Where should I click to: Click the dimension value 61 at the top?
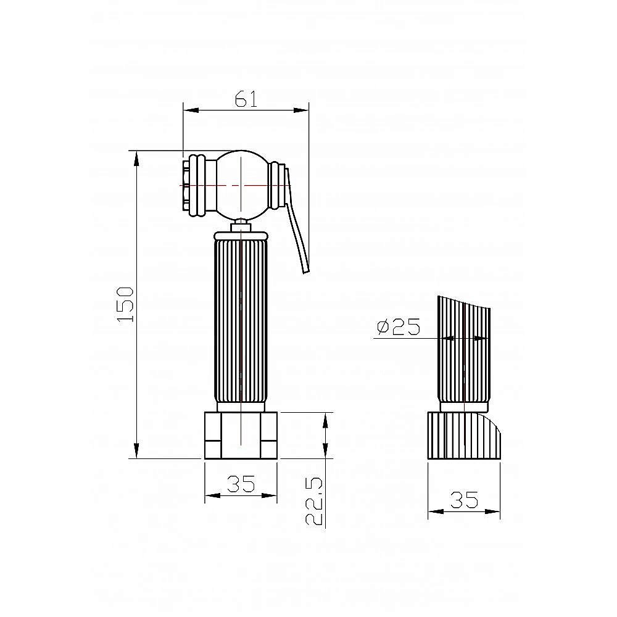[246, 99]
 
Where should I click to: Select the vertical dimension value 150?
[125, 304]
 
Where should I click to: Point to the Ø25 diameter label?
[397, 326]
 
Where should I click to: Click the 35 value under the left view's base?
[241, 484]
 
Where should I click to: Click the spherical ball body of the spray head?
[242, 184]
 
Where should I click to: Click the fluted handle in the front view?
[241, 321]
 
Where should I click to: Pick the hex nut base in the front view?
[241, 436]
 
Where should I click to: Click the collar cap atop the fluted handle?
[241, 235]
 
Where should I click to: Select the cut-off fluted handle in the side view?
[464, 352]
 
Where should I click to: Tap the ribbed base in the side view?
[463, 436]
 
